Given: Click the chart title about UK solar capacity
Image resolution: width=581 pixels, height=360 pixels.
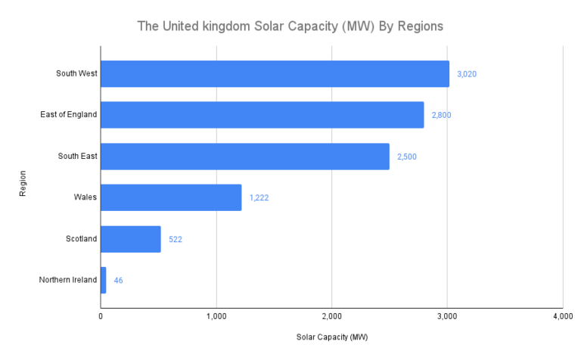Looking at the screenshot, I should tap(290, 26).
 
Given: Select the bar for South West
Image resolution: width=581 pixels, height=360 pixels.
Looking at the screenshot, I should tap(275, 74).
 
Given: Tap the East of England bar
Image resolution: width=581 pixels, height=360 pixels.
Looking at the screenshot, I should tap(262, 115).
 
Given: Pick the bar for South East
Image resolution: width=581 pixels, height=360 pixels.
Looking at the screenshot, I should tap(244, 157).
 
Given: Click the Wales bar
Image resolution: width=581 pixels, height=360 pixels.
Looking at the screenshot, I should tap(171, 197).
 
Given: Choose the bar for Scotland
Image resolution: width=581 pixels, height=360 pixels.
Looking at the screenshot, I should tap(130, 239).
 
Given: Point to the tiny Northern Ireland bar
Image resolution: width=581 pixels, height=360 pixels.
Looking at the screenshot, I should tap(104, 280).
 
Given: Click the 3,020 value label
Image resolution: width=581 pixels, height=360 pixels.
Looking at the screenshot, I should tap(467, 74).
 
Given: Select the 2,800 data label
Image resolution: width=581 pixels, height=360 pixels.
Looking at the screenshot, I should tap(441, 115).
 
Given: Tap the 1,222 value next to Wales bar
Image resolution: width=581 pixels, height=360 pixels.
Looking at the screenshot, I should tap(260, 197).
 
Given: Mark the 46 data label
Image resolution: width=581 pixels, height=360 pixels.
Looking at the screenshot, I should tap(119, 280).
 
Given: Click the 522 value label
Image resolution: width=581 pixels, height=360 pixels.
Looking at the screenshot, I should tap(176, 239).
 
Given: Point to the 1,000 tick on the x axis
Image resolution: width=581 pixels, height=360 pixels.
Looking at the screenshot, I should tap(216, 315).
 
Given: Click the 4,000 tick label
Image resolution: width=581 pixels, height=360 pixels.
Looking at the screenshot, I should tap(561, 315).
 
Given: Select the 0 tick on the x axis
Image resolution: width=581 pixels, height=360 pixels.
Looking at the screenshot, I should tap(101, 315).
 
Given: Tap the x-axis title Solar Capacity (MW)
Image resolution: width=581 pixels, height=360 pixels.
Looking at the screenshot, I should tap(331, 337).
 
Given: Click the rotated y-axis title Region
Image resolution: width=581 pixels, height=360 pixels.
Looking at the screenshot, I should tap(23, 183).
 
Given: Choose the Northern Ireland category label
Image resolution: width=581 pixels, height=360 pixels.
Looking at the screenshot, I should tap(68, 280).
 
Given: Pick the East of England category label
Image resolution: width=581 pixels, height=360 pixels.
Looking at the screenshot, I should tap(69, 115).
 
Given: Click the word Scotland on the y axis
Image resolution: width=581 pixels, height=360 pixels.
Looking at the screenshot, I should tap(82, 239).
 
